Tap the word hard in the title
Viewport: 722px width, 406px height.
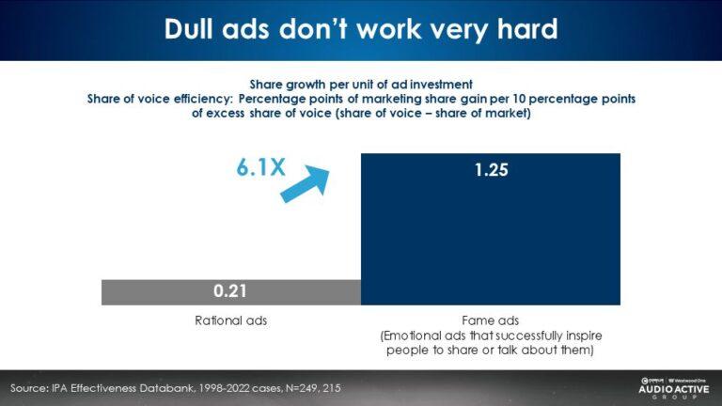523,29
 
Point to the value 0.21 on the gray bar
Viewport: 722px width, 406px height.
230,291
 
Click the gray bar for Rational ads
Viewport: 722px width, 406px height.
150,291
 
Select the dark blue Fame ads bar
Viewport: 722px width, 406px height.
490,235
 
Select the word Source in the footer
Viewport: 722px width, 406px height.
31,387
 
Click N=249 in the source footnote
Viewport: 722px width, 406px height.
308,387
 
